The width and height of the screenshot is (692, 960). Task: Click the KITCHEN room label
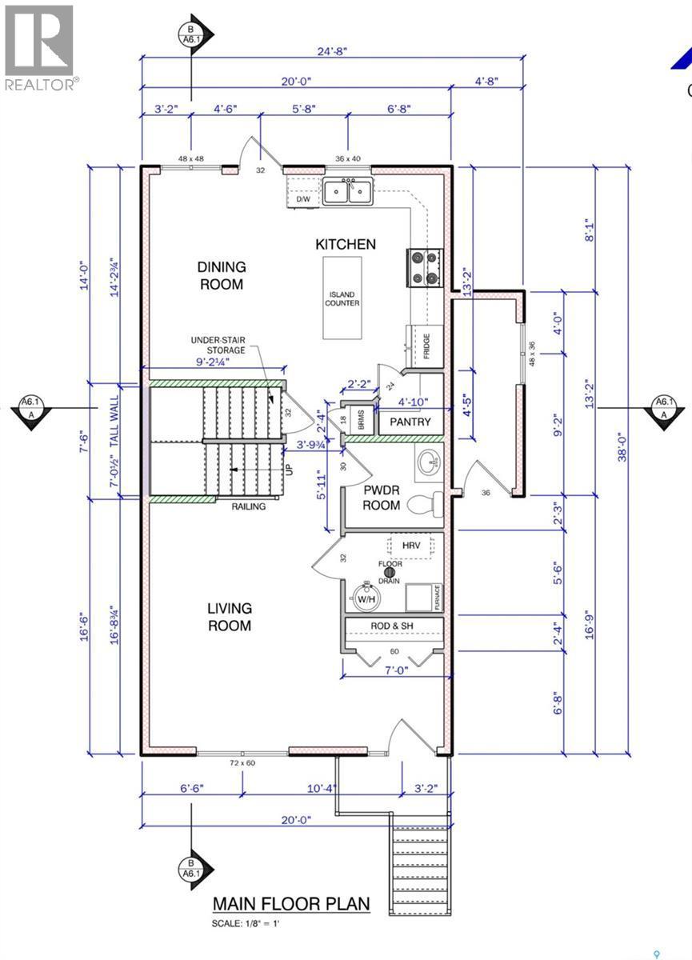pyautogui.click(x=345, y=244)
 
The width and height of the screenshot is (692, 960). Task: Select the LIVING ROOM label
pyautogui.click(x=230, y=617)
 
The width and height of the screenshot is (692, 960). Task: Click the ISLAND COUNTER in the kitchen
pyautogui.click(x=342, y=298)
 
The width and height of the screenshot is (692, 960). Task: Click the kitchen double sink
pyautogui.click(x=347, y=192)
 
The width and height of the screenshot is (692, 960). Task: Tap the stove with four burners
pyautogui.click(x=424, y=267)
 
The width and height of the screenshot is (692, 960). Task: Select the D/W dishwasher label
pyautogui.click(x=302, y=200)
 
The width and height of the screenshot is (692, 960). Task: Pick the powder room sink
pyautogui.click(x=428, y=462)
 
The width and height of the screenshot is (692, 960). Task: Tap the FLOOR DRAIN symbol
pyautogui.click(x=391, y=569)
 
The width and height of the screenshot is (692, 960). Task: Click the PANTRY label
pyautogui.click(x=410, y=422)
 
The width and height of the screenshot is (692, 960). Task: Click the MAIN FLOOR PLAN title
pyautogui.click(x=291, y=904)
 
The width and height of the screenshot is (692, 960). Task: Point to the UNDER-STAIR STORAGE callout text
pyautogui.click(x=218, y=344)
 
